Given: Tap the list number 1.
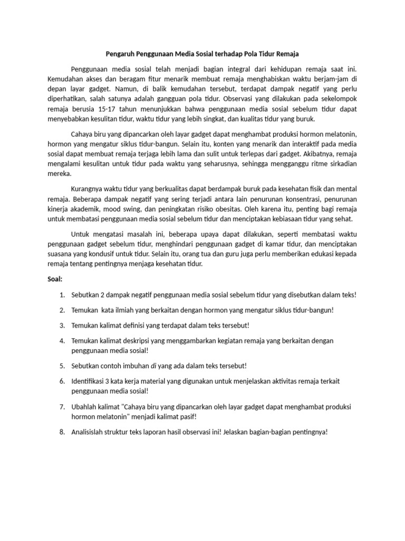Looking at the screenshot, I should click(62, 295).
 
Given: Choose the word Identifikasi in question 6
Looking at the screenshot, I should click(90, 381).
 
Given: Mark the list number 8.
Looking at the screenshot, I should click(62, 432).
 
